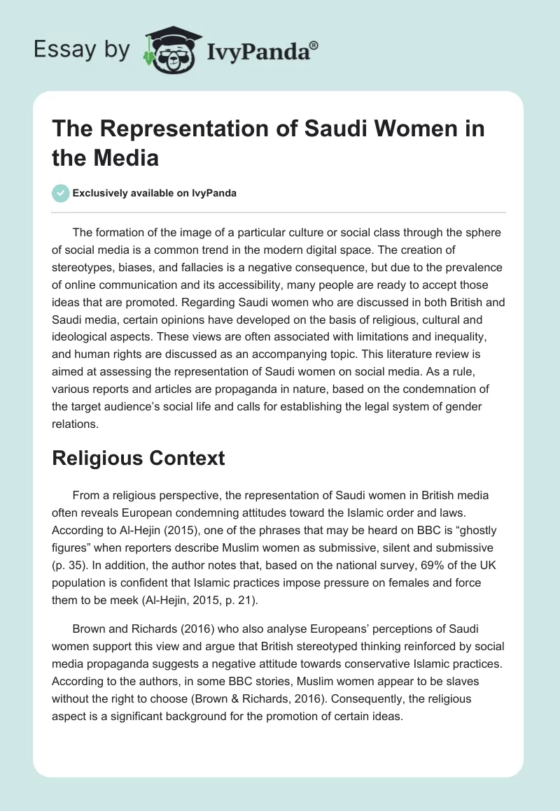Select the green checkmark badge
(61, 193)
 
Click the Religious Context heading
(139, 458)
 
